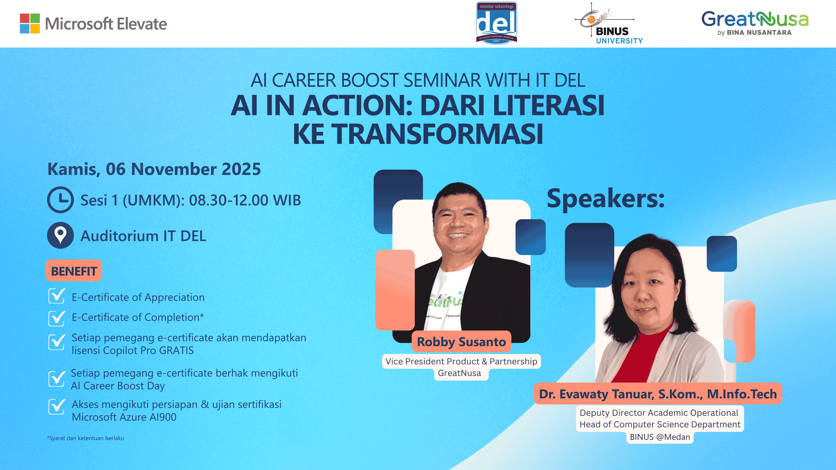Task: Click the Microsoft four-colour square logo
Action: coord(30,23)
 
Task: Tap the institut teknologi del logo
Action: coord(496,23)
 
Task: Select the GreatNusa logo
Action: coord(754,23)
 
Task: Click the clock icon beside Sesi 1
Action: coord(60,200)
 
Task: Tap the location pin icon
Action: coord(60,235)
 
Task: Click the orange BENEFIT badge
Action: coord(74,271)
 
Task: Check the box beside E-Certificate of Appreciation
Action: coord(57,296)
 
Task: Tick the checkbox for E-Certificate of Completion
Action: coord(57,318)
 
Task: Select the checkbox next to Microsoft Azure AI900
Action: coord(57,407)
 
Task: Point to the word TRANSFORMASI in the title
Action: coord(437,134)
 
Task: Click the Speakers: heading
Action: coord(606,198)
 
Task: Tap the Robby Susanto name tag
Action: coord(461,342)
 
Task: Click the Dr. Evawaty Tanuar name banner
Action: coord(658,394)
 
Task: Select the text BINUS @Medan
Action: coord(660,437)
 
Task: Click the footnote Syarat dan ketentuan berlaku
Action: coord(86,438)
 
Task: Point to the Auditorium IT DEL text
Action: coord(143,236)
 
